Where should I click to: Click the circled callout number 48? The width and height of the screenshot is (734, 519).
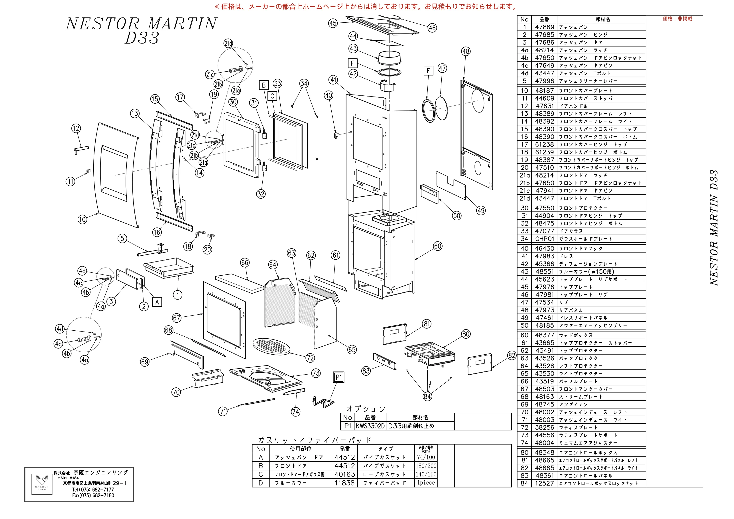pos(466,51)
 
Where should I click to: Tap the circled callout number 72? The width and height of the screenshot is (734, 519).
pos(310,358)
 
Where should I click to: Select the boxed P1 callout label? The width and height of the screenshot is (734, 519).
pos(338,377)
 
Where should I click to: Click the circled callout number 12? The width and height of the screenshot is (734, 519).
pos(76,128)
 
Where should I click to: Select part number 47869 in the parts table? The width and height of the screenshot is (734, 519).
pos(544,27)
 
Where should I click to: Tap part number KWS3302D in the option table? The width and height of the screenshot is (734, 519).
pos(370,426)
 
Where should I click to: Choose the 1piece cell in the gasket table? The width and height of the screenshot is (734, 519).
pos(426,483)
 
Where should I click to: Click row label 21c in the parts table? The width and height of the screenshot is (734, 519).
pos(524,191)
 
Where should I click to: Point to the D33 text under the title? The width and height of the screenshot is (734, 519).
pos(142,38)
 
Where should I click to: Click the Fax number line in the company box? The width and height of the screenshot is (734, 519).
pos(93,495)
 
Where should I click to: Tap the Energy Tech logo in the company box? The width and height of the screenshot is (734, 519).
pos(42,484)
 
